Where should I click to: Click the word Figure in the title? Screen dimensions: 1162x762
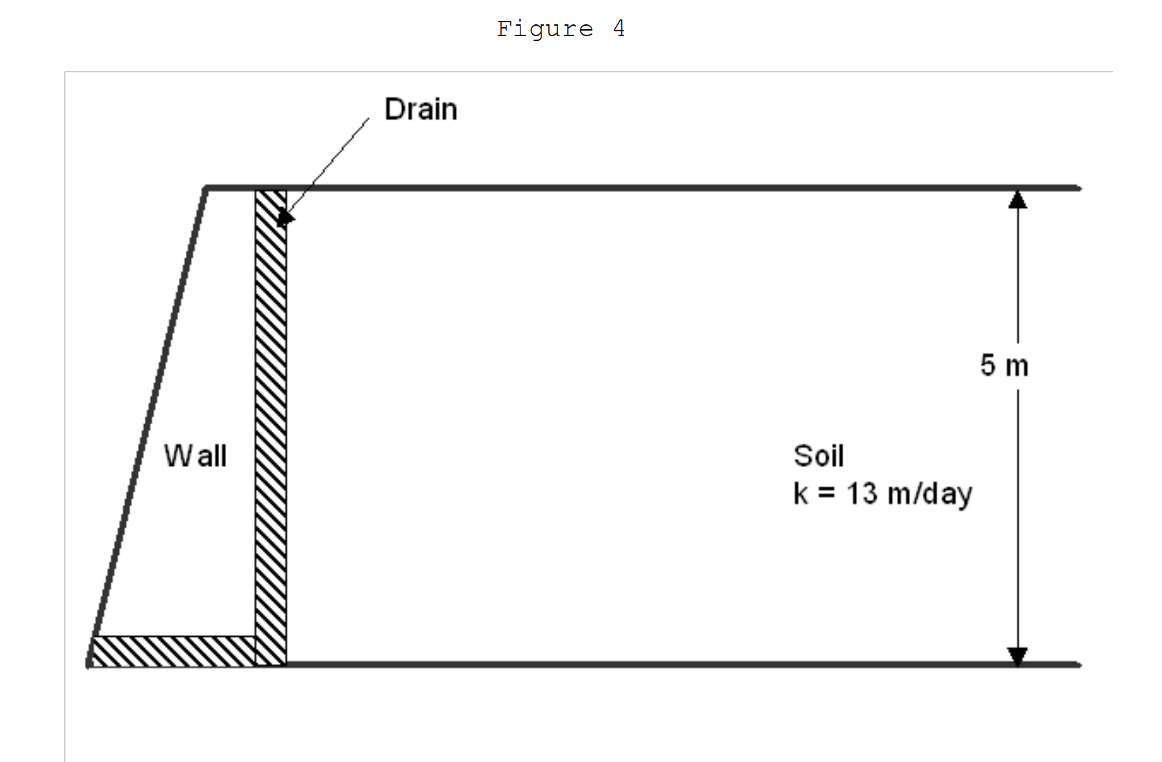[x=545, y=29]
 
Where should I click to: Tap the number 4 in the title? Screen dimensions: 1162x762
[x=619, y=29]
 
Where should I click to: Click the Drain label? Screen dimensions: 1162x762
[x=421, y=110]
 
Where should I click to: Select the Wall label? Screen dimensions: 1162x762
[x=196, y=456]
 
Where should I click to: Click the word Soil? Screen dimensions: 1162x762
[x=818, y=456]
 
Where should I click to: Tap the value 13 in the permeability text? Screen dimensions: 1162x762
[x=862, y=494]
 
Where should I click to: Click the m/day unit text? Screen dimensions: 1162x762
[x=930, y=494]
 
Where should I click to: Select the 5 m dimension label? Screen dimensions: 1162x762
[x=1004, y=366]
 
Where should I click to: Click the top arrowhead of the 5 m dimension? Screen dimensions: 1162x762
[x=1017, y=200]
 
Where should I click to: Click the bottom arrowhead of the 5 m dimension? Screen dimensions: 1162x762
[x=1017, y=656]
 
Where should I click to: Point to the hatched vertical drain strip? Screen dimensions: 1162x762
[x=271, y=417]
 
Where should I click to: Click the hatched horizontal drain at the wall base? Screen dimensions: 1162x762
[x=174, y=651]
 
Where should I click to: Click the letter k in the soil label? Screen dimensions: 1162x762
[x=800, y=494]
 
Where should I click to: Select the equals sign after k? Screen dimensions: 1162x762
[x=826, y=494]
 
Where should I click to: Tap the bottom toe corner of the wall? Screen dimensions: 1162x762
[x=89, y=664]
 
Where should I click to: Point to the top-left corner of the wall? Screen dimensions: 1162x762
[x=206, y=188]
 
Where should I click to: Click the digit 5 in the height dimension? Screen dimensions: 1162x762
[x=988, y=366]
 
